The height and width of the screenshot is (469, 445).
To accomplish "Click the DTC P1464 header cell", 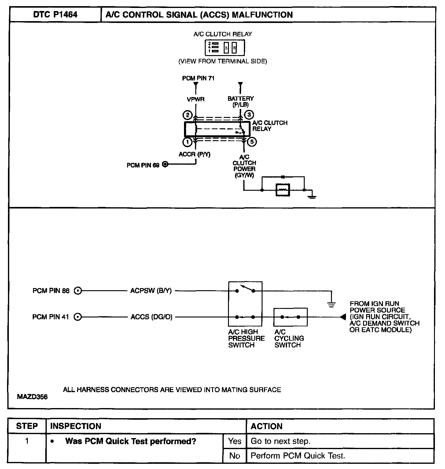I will pos(55,15).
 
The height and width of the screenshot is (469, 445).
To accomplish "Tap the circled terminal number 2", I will pos(187,115).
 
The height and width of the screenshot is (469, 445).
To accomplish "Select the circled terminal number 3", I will pos(249,115).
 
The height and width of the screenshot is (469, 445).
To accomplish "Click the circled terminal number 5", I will pos(252,142).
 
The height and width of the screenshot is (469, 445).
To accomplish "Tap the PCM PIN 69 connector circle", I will pos(165,165).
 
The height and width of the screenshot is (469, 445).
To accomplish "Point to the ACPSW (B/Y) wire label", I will pos(151,291).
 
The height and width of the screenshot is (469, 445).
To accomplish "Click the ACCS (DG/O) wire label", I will pos(151,317).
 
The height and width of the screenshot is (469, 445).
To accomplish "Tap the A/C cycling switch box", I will pos(290,317).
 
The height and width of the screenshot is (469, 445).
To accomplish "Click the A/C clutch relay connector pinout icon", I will pos(224,47).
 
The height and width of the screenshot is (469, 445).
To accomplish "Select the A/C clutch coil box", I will pos(283,190).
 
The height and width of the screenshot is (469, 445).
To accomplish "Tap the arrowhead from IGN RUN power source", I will pos(343,317).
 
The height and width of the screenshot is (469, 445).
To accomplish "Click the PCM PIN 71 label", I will pos(198,78).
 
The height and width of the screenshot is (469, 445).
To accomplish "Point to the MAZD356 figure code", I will pos(32,397).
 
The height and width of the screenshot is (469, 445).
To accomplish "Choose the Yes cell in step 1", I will pos(235,441).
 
